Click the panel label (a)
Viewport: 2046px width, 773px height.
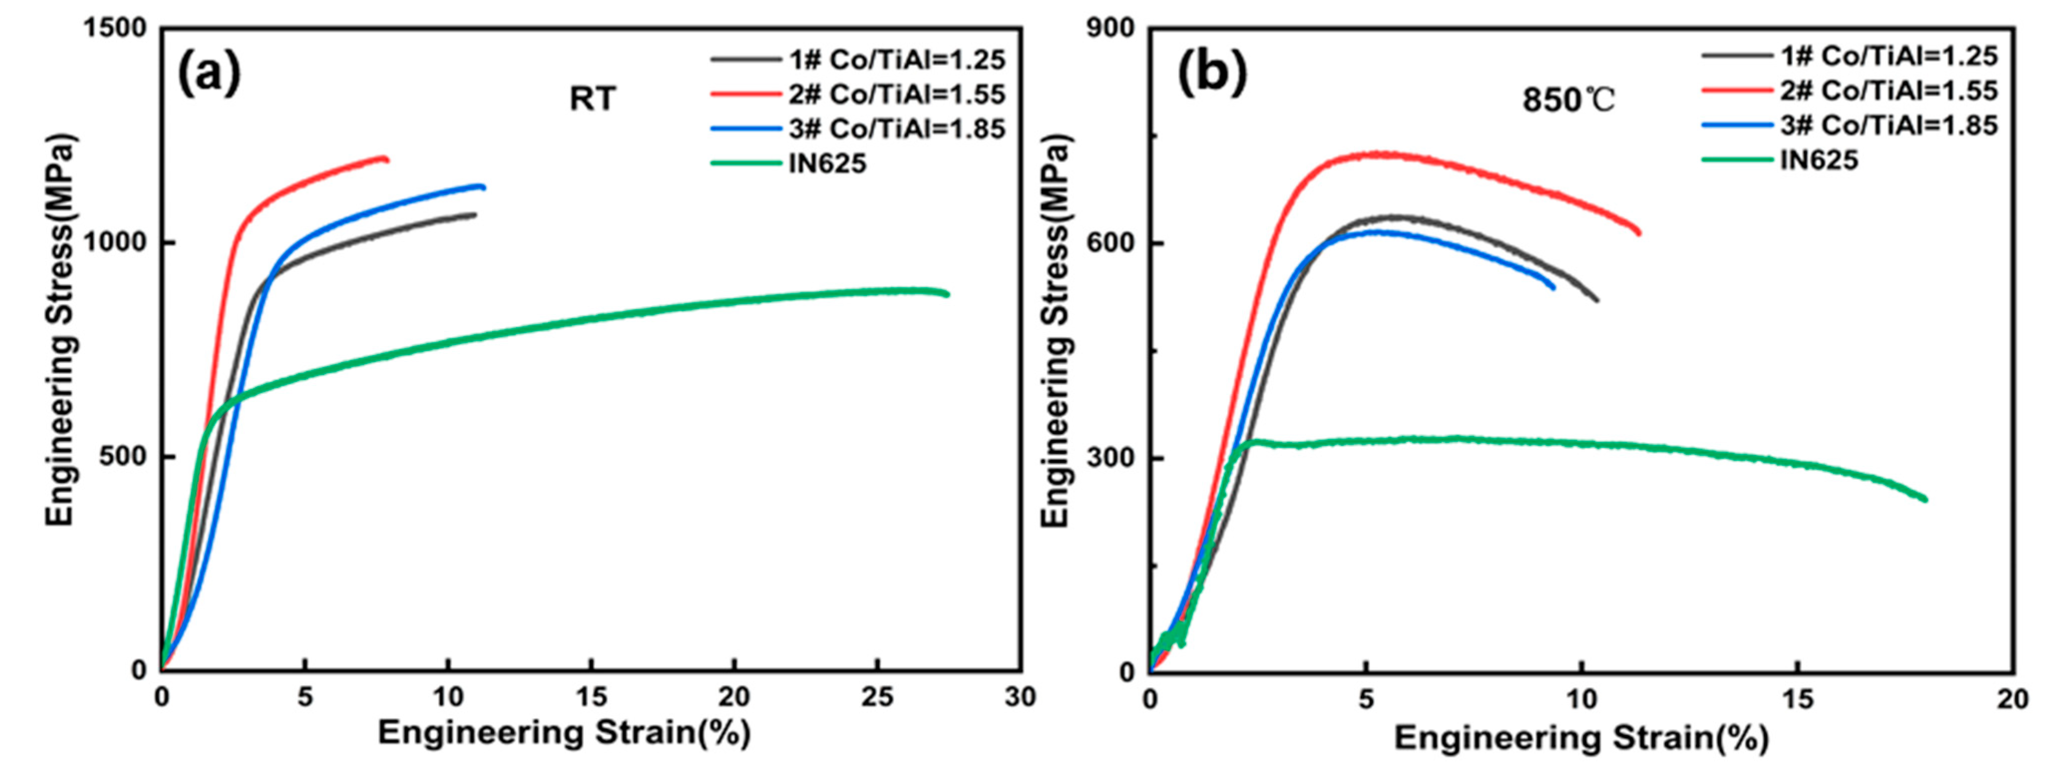click(208, 73)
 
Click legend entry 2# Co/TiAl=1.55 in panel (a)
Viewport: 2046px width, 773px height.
click(896, 95)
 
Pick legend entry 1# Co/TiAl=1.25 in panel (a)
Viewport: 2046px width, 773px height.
click(896, 59)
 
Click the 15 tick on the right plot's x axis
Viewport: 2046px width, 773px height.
click(1798, 699)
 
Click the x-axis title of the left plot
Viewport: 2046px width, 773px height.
click(564, 733)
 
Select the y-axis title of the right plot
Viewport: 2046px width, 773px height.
click(1055, 330)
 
